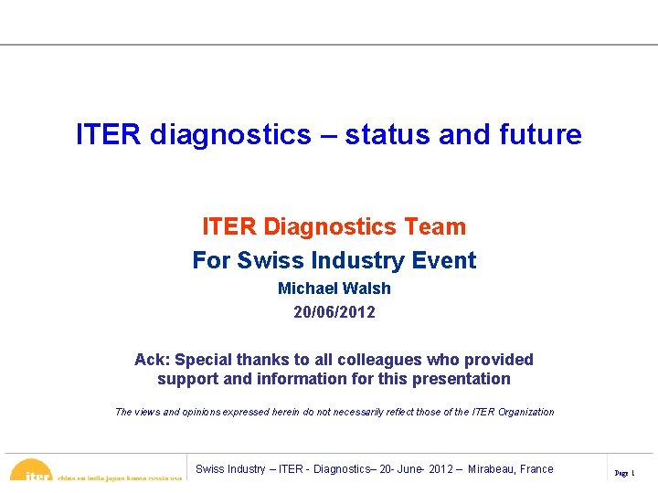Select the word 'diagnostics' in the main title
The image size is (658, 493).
pos(230,135)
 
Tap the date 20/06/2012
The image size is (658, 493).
pos(334,312)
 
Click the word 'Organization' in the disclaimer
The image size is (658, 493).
pos(525,412)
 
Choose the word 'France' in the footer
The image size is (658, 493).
pos(536,469)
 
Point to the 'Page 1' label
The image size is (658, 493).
pos(625,473)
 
